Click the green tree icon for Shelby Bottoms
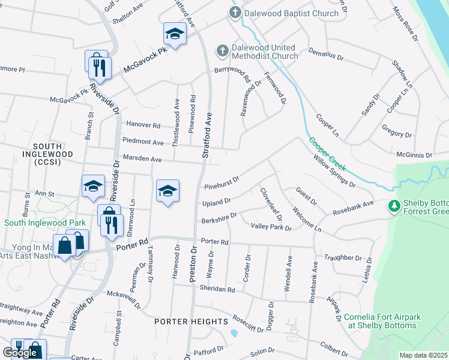pyautogui.click(x=394, y=206)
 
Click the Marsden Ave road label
pyautogui.click(x=142, y=160)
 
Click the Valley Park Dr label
pyautogui.click(x=271, y=227)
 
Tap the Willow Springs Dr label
pyautogui.click(x=334, y=171)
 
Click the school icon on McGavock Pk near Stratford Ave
pyautogui.click(x=175, y=34)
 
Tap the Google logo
pyautogui.click(x=20, y=353)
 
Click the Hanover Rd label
pyautogui.click(x=143, y=125)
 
